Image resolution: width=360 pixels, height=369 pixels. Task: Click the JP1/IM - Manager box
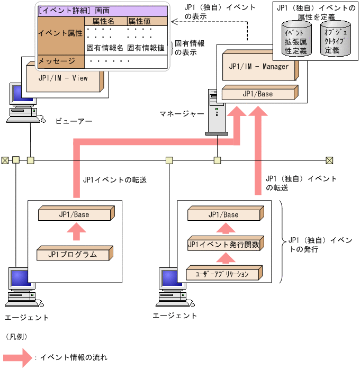[x=260, y=67]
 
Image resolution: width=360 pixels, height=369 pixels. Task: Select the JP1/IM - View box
[x=64, y=79]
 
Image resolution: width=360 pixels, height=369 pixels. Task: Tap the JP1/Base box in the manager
[x=258, y=94]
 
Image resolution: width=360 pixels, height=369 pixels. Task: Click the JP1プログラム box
[x=73, y=254]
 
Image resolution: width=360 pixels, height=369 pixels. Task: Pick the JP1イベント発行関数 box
[x=223, y=245]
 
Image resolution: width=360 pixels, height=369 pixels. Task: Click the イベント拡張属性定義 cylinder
[x=296, y=39]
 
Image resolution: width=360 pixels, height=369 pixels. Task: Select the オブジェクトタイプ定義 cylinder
[x=335, y=39]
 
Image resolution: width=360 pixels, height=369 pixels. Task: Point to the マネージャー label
[x=182, y=114]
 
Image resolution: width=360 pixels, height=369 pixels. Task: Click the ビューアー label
[x=75, y=122]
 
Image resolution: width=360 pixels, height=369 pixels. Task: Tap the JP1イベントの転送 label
[x=114, y=180]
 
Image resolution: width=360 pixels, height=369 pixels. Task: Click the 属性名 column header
[x=104, y=21]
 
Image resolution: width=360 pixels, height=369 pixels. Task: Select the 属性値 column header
[x=139, y=21]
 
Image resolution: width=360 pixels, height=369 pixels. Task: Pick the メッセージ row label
[x=57, y=61]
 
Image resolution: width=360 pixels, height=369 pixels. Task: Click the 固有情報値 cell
[x=146, y=48]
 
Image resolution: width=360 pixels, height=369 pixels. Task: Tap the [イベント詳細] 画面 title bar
[x=101, y=10]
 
